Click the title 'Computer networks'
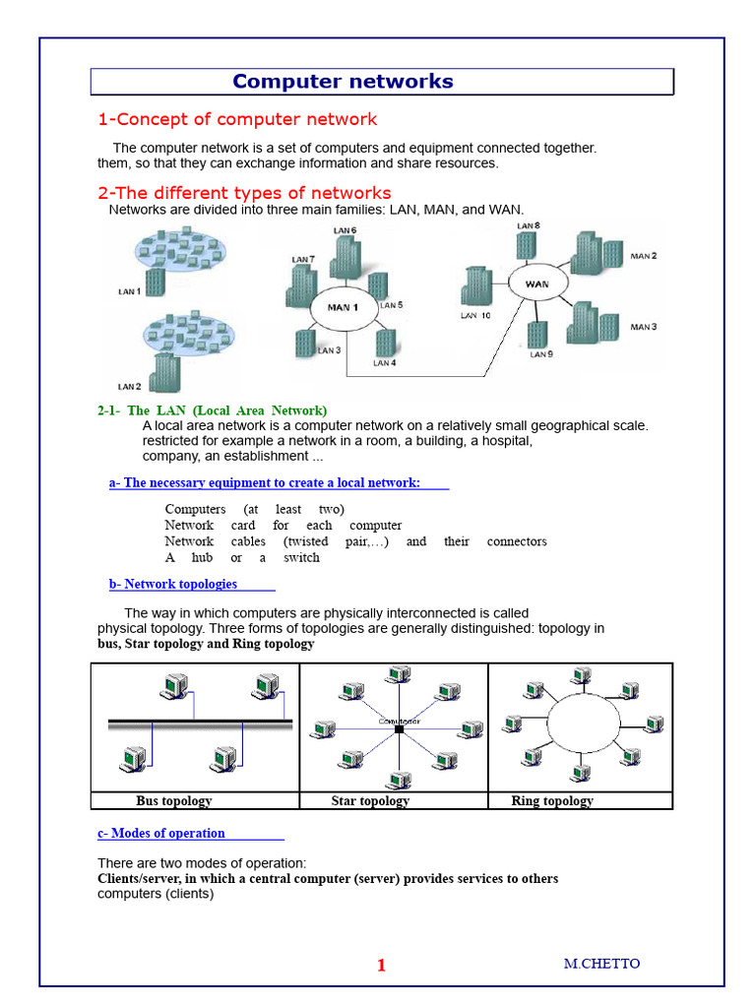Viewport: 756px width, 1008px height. (343, 82)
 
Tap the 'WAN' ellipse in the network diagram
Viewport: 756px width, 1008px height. (537, 284)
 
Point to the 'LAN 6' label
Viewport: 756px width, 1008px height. (345, 230)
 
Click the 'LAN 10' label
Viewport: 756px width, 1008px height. (474, 316)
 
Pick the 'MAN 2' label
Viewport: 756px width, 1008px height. (644, 256)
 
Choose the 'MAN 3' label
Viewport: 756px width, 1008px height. (644, 327)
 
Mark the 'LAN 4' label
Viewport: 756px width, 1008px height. (384, 363)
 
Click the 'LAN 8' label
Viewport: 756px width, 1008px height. (529, 225)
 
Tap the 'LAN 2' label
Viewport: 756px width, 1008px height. (129, 387)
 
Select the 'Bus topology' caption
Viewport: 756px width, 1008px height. (174, 801)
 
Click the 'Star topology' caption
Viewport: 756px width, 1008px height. (370, 801)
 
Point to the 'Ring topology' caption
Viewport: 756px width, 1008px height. (552, 801)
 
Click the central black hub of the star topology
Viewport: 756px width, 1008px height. (399, 729)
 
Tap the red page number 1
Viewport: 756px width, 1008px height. (381, 966)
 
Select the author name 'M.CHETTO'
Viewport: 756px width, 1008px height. (601, 964)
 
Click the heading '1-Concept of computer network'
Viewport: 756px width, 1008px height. (237, 120)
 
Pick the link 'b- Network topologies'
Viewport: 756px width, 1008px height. (173, 585)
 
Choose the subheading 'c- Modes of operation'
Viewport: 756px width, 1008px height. (161, 834)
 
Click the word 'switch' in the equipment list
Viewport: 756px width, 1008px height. (301, 557)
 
